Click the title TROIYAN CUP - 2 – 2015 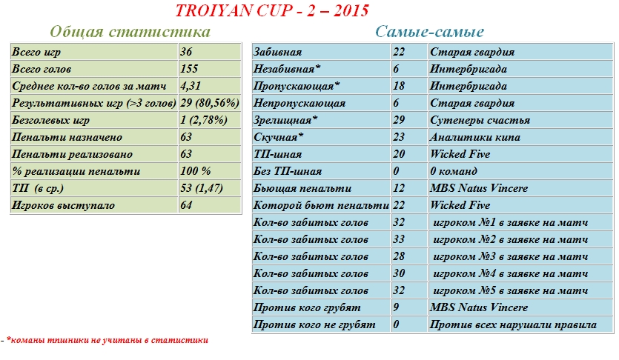271,11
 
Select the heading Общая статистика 130,32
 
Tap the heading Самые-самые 429,32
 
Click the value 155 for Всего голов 190,69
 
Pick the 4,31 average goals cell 192,86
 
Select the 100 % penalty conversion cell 196,171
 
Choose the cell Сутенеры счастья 480,120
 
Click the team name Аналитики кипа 475,137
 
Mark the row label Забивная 277,52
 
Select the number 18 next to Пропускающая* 399,86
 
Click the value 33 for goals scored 399,239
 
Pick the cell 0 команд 456,171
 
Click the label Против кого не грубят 314,324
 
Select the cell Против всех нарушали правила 512,324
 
